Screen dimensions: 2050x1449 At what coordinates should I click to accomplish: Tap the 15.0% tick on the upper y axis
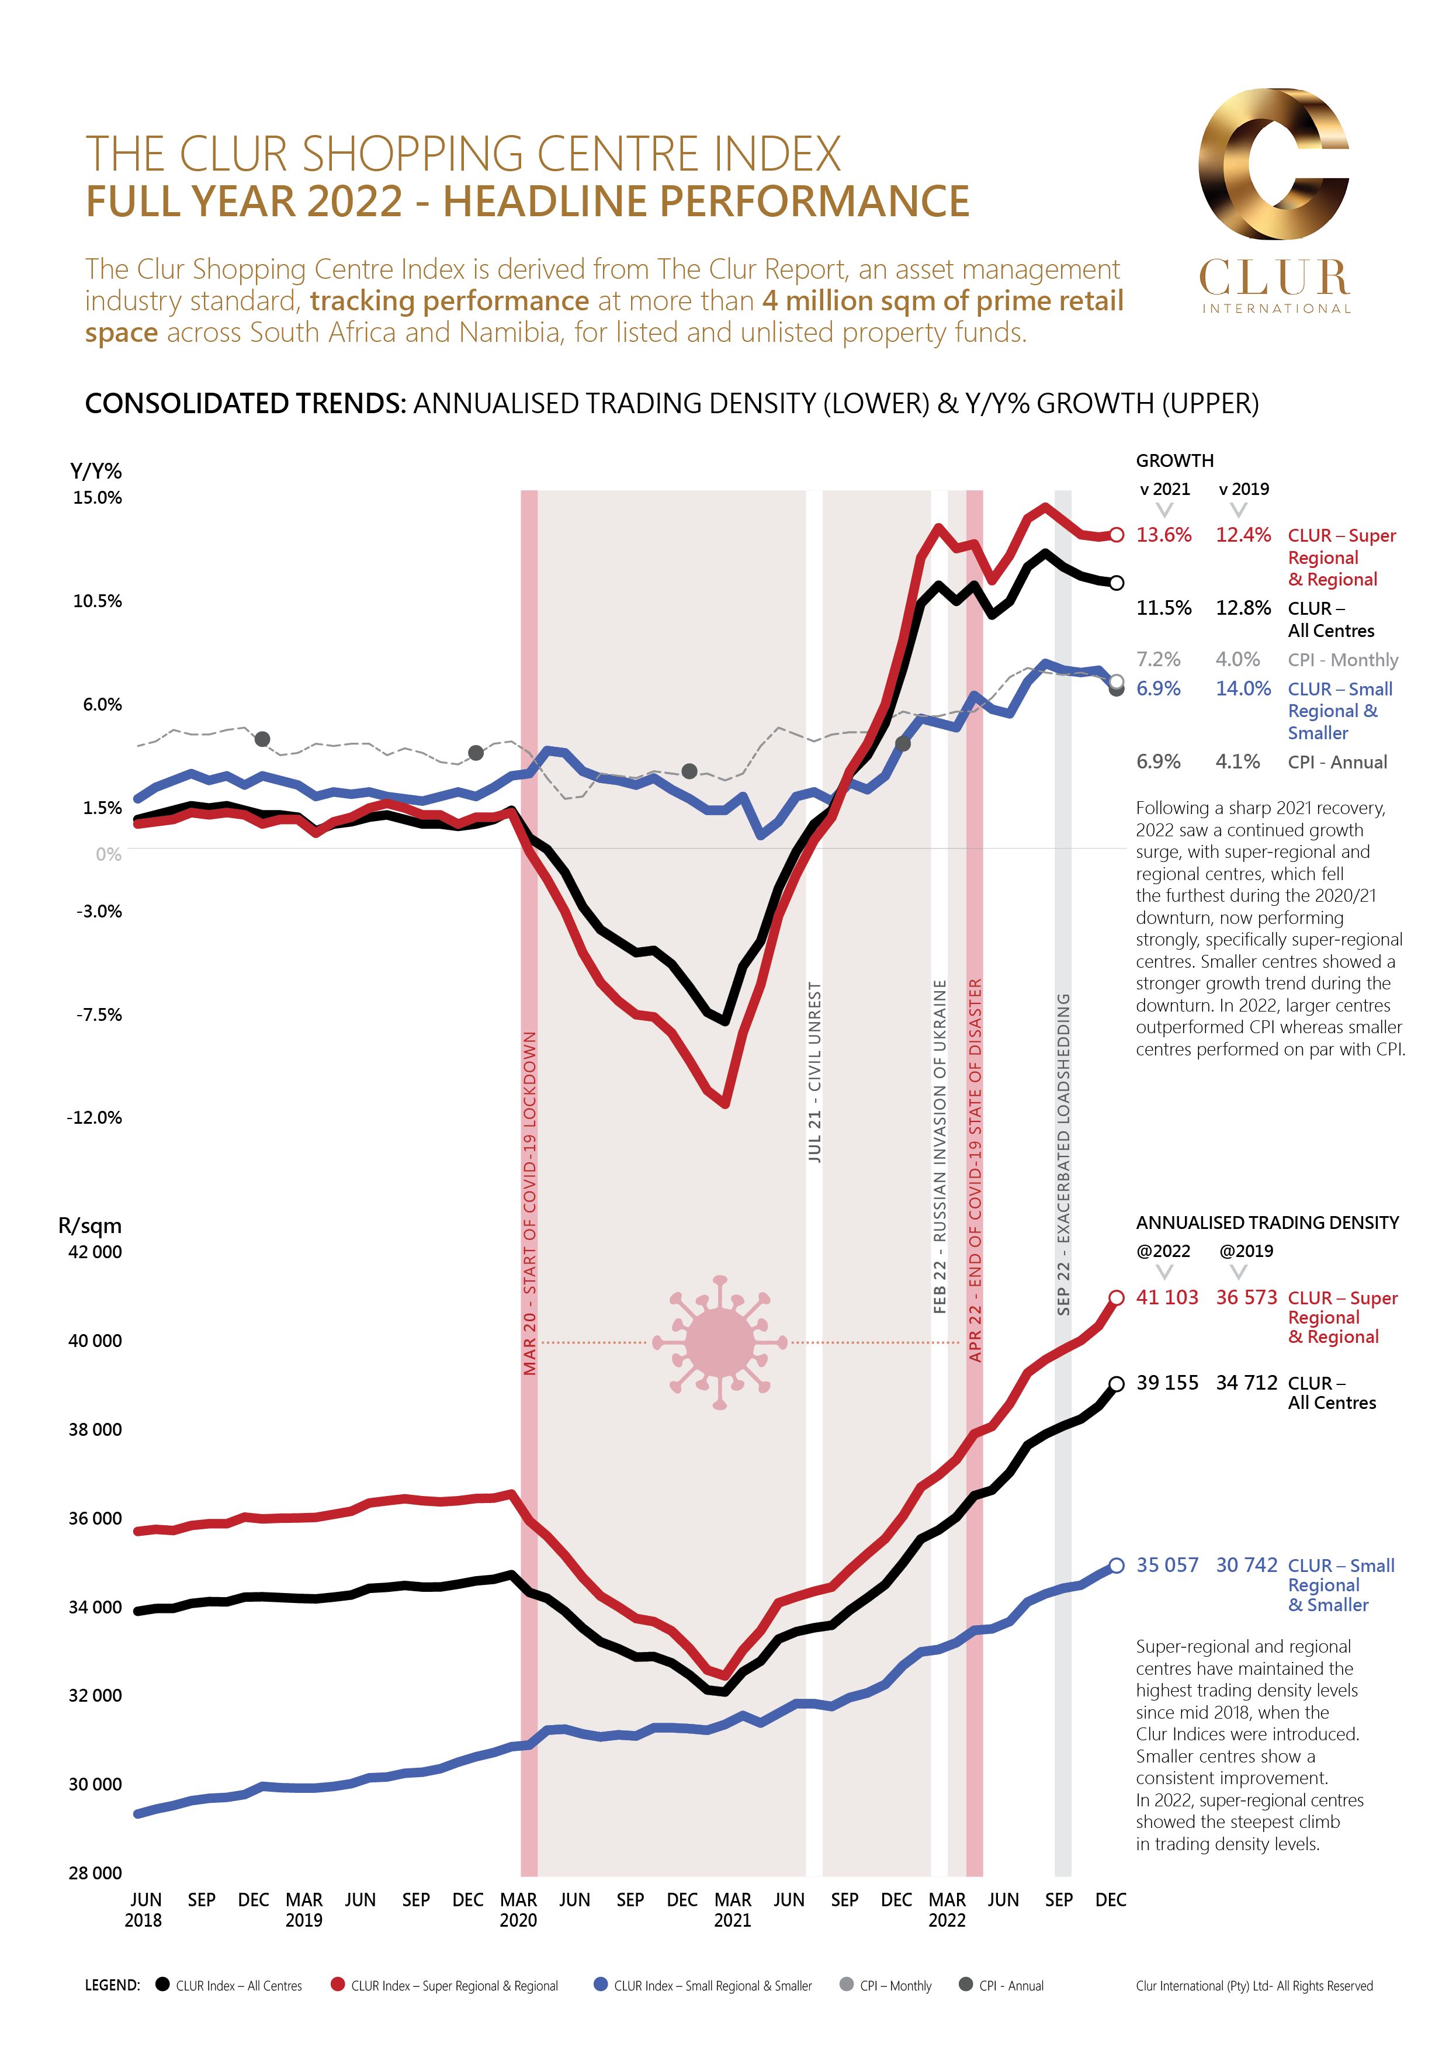coord(98,497)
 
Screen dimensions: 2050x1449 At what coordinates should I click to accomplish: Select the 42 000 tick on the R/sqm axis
coord(95,1252)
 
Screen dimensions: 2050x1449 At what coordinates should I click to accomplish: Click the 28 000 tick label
coord(95,1872)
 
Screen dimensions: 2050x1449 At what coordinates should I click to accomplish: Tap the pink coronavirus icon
coord(720,1342)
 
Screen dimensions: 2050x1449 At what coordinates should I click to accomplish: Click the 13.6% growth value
coord(1163,535)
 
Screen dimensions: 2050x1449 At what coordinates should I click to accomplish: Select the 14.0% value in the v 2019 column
coord(1243,688)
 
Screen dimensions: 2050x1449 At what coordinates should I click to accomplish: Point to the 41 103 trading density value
coord(1167,1297)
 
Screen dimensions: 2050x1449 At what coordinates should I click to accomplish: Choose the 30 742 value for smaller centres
coord(1246,1565)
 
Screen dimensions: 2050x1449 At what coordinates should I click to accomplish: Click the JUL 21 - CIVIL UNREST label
coord(814,1071)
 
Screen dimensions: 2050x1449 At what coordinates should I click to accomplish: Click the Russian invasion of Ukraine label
coord(939,1147)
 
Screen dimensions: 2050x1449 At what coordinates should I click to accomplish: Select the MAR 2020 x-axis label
coord(518,1909)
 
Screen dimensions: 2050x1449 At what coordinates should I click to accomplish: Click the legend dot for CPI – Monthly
coord(847,1985)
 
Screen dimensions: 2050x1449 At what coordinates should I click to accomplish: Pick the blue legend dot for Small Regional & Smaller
coord(601,1985)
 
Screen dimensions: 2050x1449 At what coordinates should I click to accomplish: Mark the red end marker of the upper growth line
coord(1116,535)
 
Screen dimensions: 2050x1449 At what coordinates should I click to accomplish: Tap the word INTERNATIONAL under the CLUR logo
coord(1276,309)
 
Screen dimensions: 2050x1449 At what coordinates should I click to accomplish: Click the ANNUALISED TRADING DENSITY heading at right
coord(1267,1223)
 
